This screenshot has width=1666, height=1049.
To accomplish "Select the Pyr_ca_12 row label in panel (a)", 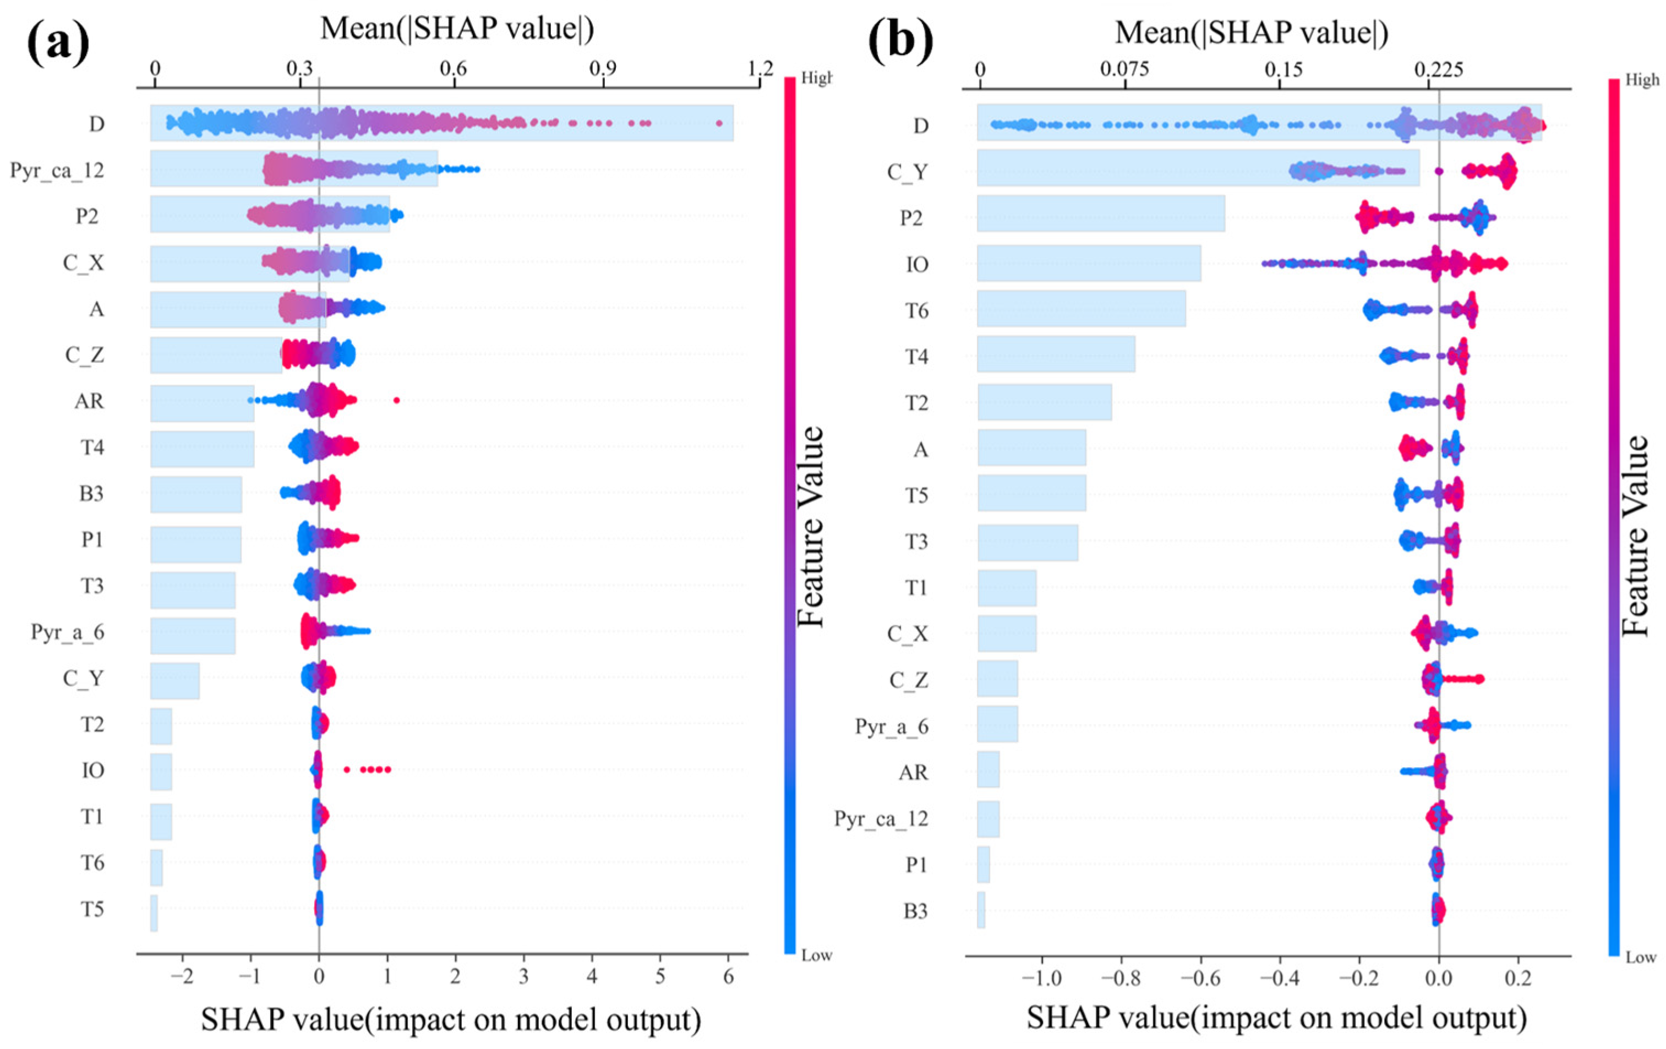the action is tap(57, 170).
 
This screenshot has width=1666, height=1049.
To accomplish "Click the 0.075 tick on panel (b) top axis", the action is tap(1126, 69).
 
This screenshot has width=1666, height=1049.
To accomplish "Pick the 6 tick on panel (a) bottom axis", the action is tap(728, 979).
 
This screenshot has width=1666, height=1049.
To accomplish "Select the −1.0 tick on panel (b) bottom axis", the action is tap(1041, 979).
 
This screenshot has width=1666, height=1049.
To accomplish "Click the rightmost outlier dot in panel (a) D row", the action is tap(719, 123).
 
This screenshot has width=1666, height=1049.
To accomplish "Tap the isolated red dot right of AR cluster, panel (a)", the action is tap(396, 400).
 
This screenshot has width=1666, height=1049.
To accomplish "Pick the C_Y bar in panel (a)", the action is tap(175, 681).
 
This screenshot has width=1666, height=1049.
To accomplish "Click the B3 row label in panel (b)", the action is tap(915, 911).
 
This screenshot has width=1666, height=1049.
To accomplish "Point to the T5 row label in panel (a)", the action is tap(92, 909).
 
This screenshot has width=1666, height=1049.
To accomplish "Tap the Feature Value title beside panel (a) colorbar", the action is tap(811, 527).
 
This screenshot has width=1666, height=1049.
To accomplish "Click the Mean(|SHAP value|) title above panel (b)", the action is tap(1252, 32).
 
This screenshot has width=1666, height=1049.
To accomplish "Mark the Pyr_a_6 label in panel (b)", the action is tap(892, 726).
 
